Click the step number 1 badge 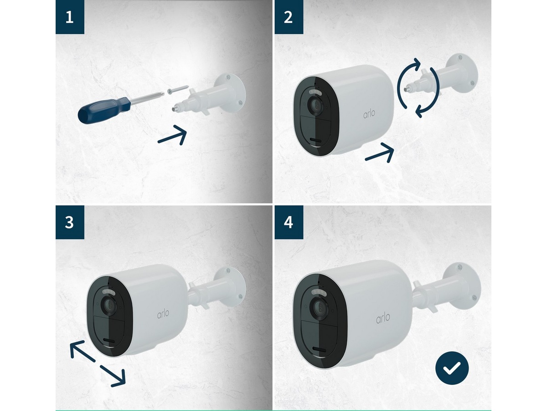coord(70,17)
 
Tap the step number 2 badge coord(289,17)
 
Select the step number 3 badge coord(70,222)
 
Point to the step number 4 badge coord(289,222)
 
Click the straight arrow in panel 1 coord(172,135)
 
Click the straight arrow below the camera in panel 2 coord(380,153)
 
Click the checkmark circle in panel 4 coord(452,368)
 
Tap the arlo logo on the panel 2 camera coord(369,114)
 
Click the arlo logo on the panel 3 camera coord(163,313)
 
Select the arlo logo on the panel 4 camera coord(383,318)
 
